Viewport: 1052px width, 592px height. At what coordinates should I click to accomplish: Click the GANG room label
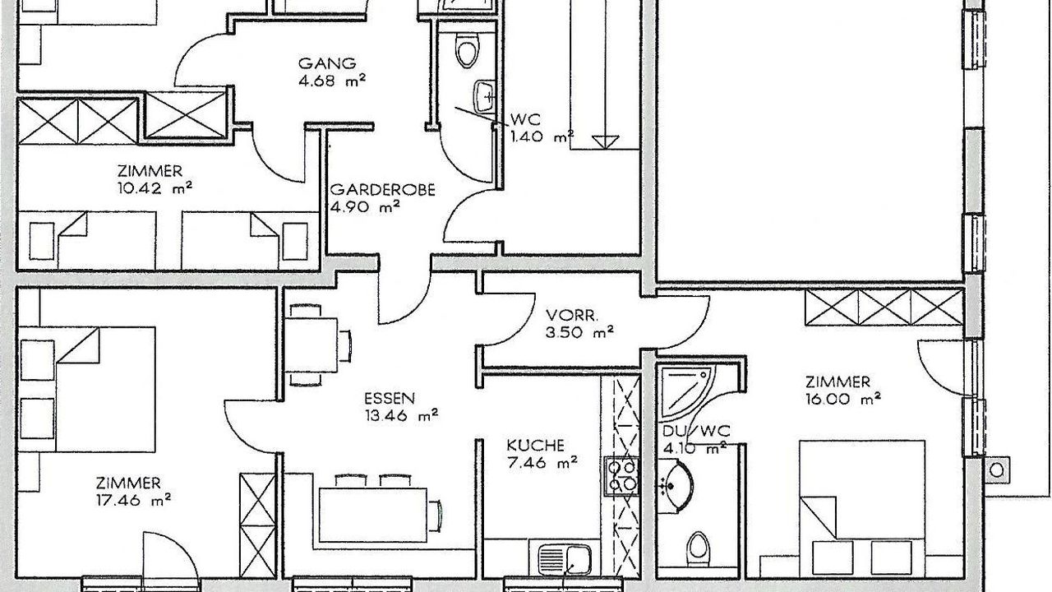click(327, 63)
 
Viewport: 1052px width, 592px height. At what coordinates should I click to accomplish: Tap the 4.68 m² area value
click(332, 81)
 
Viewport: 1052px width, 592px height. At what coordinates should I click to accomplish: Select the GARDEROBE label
click(382, 189)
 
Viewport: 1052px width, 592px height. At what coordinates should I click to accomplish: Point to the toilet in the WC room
click(467, 49)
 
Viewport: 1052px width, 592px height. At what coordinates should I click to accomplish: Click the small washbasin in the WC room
click(485, 97)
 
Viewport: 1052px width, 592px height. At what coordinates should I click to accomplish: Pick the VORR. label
click(571, 315)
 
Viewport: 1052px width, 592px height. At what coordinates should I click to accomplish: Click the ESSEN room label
click(390, 399)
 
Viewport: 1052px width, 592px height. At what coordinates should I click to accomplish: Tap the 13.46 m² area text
click(401, 415)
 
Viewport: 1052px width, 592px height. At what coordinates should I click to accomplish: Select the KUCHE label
click(535, 445)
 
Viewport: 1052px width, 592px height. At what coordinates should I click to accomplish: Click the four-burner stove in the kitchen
click(622, 475)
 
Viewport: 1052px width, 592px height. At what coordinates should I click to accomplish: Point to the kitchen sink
click(565, 559)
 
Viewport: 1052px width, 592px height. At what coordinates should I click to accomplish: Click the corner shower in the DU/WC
click(686, 392)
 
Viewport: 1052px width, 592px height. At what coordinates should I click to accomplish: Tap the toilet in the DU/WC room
click(699, 548)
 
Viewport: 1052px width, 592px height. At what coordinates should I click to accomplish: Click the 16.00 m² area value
click(843, 400)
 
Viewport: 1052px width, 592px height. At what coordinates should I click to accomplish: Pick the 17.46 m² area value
click(133, 501)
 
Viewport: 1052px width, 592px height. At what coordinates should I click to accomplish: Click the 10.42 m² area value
click(155, 188)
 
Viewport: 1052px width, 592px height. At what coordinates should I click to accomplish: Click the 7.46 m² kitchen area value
click(542, 463)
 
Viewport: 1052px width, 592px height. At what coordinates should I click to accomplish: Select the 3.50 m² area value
click(579, 333)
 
